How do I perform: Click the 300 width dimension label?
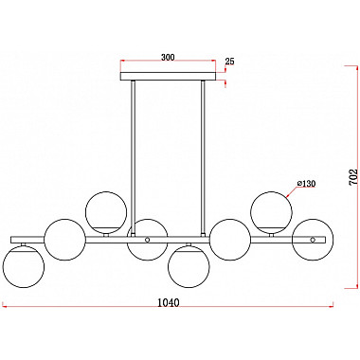point(168,58)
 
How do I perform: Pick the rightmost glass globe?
point(312,239)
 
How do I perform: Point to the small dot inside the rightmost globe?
point(313,242)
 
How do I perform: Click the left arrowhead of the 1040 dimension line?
point(5,305)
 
